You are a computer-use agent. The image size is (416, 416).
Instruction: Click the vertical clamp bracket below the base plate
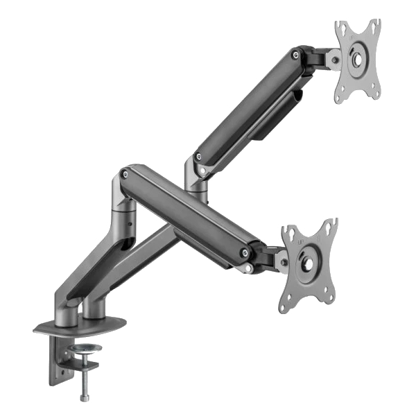(x=55, y=361)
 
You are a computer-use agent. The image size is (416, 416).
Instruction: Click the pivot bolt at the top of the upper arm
(x=297, y=53)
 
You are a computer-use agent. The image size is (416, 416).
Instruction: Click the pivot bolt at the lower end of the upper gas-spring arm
(x=200, y=157)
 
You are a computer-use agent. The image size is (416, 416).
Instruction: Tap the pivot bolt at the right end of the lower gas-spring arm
(x=245, y=252)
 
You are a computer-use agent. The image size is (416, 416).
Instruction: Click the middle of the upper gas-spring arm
(x=246, y=104)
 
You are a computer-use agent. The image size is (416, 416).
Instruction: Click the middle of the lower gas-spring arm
(x=187, y=211)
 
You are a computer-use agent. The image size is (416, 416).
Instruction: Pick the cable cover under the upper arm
(x=277, y=118)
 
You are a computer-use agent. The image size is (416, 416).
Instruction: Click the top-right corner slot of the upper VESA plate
(x=375, y=26)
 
